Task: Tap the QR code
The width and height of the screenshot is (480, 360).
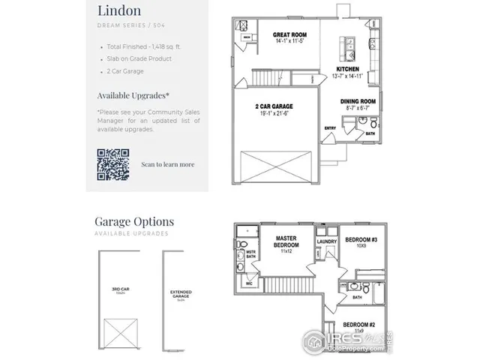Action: coord(112,163)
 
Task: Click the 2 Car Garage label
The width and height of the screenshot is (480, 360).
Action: coord(272,106)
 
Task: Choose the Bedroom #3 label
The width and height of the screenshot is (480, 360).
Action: coord(360,240)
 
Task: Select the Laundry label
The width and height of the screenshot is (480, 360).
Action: coord(326,241)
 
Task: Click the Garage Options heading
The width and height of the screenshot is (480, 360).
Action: coord(134,221)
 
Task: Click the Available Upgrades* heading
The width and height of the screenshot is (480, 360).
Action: coord(133,95)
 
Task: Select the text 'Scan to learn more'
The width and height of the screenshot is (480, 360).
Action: coord(167,164)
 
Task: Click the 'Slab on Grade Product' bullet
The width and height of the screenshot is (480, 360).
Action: coord(141,58)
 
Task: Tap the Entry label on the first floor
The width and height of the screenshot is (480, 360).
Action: coord(330,128)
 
